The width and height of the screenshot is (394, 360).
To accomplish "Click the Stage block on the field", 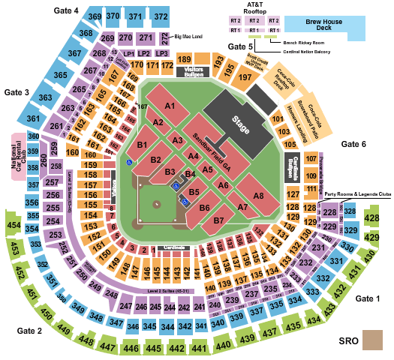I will (x=238, y=119).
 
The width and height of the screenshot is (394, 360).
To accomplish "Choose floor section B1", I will (x=143, y=144).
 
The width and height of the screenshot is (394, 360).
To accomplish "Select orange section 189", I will (x=185, y=59).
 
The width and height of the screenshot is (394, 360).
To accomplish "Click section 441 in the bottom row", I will (x=200, y=349).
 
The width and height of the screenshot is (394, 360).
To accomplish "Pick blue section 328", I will (x=350, y=211).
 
